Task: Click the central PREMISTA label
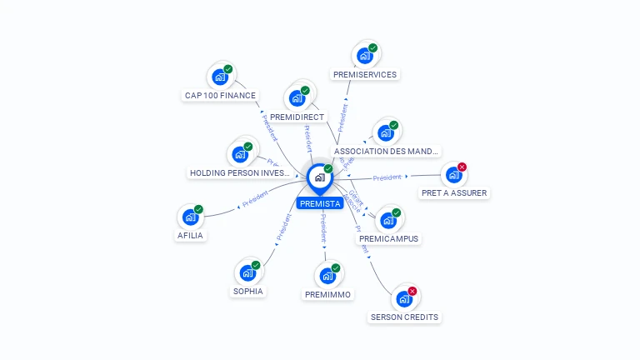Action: point(321,203)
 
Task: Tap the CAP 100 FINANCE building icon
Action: point(220,77)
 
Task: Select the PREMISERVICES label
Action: point(365,74)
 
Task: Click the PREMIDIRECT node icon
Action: point(297,97)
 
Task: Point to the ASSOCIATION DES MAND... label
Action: point(386,152)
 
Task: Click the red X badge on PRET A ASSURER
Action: point(462,167)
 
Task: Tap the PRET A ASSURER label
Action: point(454,192)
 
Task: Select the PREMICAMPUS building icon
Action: point(388,220)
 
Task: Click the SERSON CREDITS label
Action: point(404,317)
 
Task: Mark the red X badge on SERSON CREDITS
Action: point(412,292)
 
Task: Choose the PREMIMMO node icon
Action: point(327,276)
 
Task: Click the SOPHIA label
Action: point(248,291)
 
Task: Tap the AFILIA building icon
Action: point(191,217)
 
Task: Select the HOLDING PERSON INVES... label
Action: point(240,173)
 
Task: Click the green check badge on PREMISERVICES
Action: point(372,48)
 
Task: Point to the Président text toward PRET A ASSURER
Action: point(387,177)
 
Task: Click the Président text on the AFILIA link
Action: point(255,200)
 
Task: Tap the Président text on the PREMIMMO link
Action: point(324,228)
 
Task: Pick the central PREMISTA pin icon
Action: point(320,177)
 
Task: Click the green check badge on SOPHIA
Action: point(256,265)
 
